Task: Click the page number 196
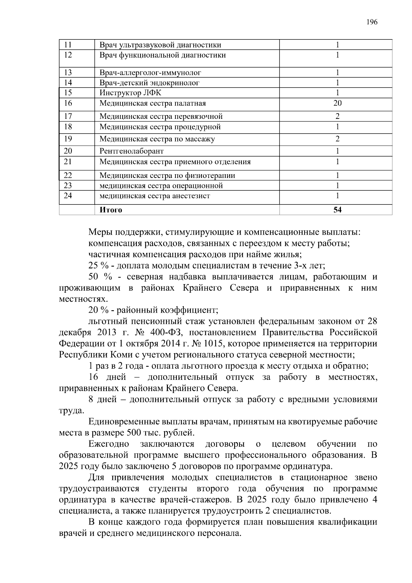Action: [x=372, y=22]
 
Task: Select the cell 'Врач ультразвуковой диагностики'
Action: [x=160, y=45]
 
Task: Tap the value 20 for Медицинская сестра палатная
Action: [x=337, y=103]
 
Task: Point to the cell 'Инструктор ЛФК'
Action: [x=130, y=93]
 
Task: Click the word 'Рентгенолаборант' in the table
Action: [x=131, y=151]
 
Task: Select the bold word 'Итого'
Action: [x=111, y=210]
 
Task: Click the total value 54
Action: [x=337, y=210]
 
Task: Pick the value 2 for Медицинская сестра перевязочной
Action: [x=337, y=116]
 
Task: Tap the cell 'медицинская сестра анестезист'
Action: [x=154, y=196]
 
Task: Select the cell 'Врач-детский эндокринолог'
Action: [x=149, y=83]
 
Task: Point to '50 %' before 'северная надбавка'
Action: [x=98, y=277]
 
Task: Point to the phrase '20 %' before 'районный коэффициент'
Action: [x=97, y=310]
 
